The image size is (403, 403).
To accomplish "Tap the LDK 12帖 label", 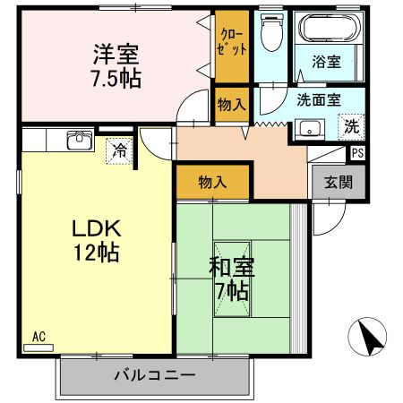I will click(x=97, y=239).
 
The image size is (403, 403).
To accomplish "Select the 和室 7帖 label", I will click(x=231, y=277).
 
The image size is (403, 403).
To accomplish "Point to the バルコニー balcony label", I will click(x=153, y=374).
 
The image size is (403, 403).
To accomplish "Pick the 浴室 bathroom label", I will click(x=327, y=62).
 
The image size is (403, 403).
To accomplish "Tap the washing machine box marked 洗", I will click(x=351, y=126).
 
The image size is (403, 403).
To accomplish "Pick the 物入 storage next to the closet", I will click(x=231, y=104).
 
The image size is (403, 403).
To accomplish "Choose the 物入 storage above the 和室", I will click(x=212, y=183).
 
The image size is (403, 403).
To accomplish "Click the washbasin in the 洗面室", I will click(x=311, y=126).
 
